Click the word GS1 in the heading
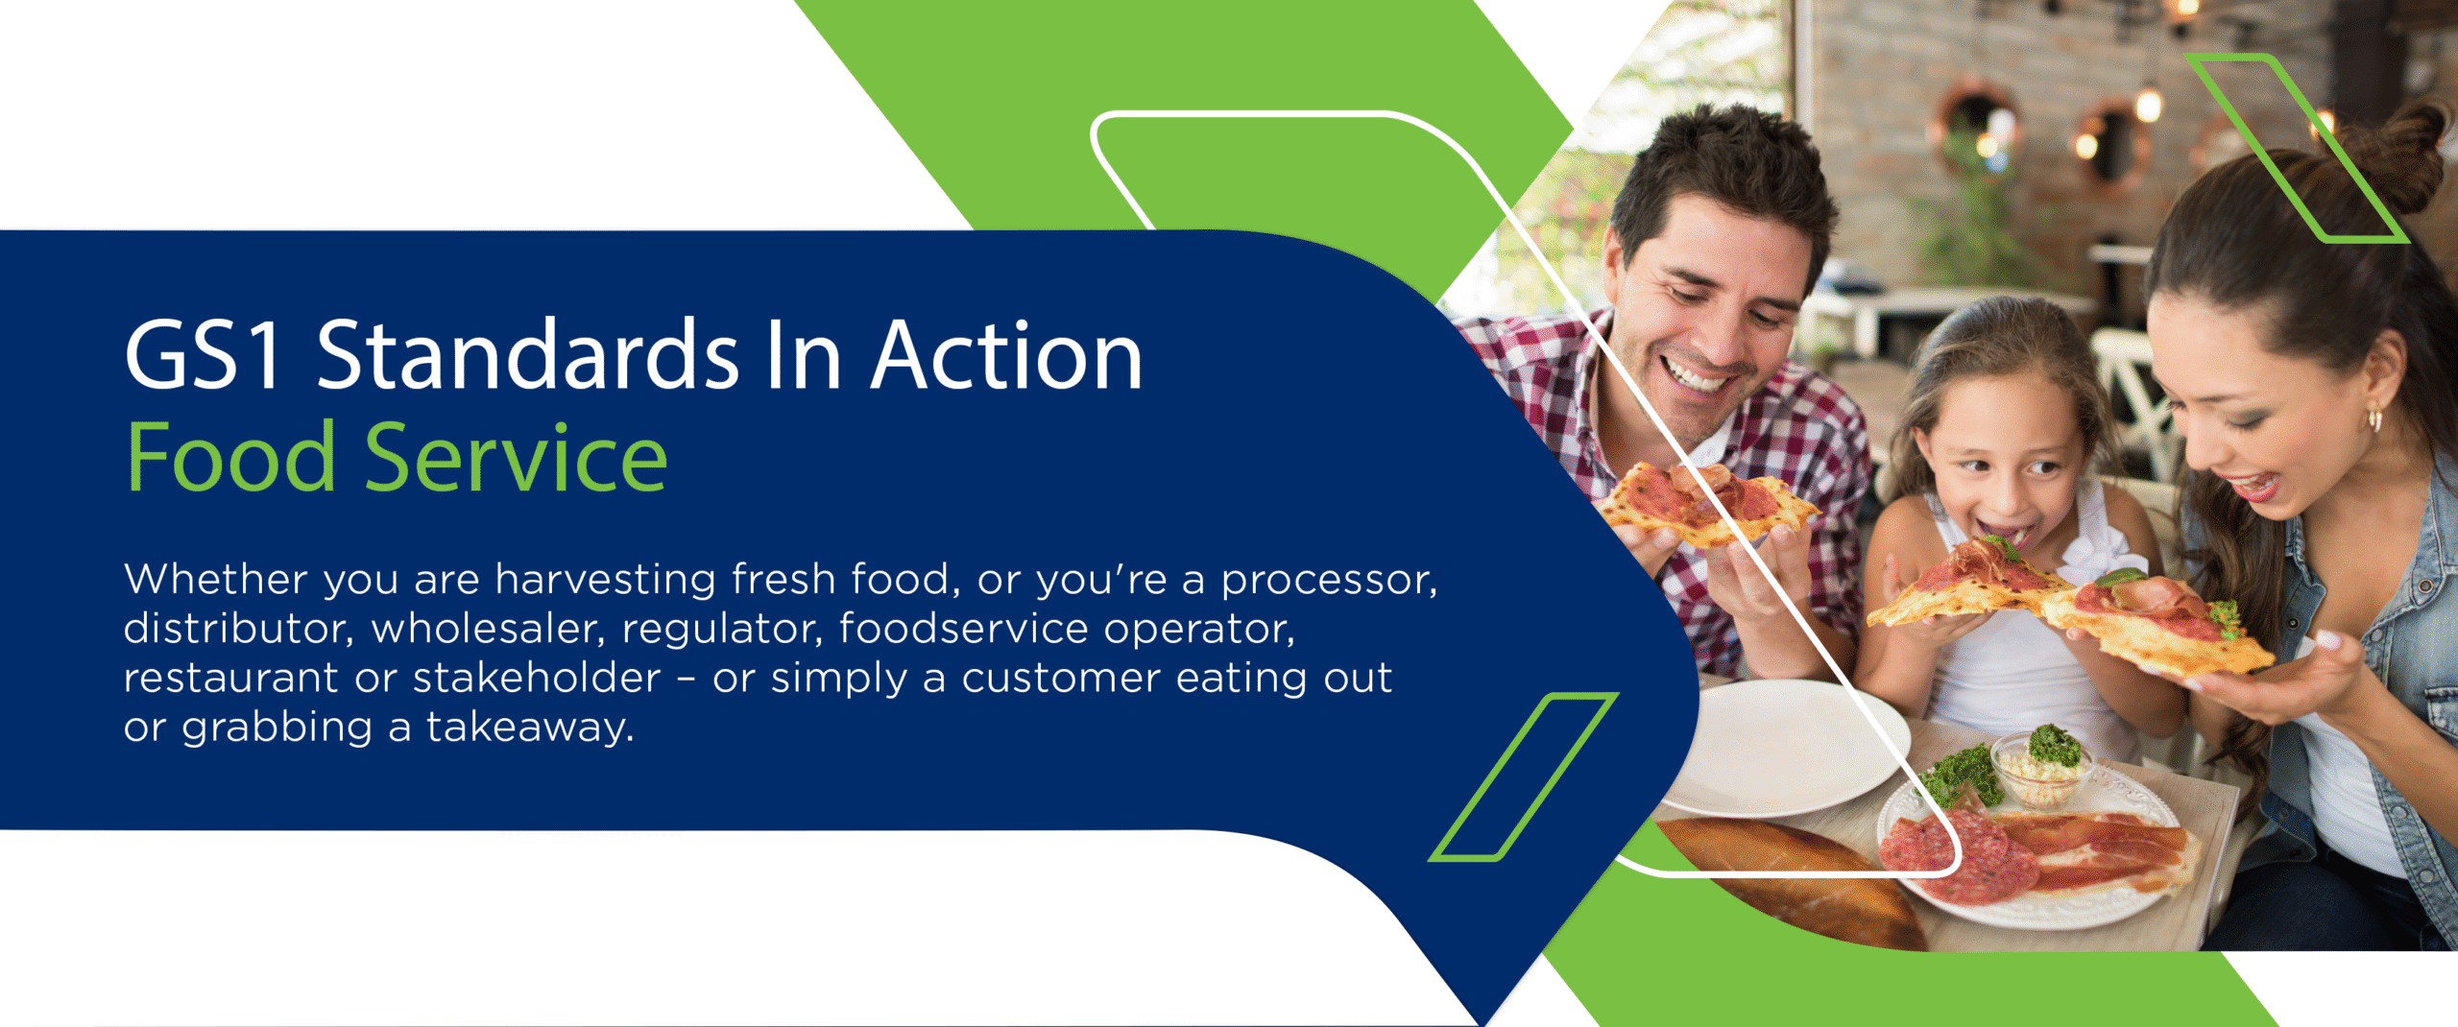tap(204, 356)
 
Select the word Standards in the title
tap(528, 356)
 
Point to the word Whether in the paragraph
tap(216, 580)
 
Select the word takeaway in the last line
tap(530, 728)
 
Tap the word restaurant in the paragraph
tap(230, 679)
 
